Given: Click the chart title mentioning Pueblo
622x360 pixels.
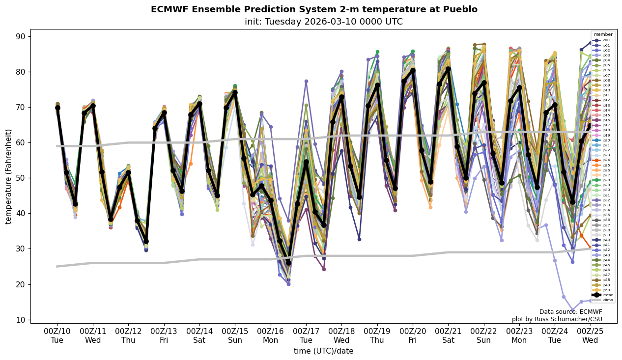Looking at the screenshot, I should tap(314, 9).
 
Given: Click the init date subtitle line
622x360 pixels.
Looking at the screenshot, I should tap(323, 22).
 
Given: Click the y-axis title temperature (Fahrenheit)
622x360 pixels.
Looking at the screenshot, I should tap(8, 176).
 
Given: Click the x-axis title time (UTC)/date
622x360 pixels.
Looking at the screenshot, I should tap(323, 351).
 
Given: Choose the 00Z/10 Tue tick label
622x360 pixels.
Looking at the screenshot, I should tap(57, 336).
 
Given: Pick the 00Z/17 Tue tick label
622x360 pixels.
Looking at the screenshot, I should tap(306, 336).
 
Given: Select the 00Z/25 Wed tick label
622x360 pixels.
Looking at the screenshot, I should tap(590, 336).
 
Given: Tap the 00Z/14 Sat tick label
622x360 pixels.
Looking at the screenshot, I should tap(199, 336).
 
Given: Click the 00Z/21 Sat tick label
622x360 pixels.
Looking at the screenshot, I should tap(448, 336).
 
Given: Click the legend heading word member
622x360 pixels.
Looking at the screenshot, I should tap(603, 34).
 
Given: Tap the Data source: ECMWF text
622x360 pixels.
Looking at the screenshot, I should tap(570, 312).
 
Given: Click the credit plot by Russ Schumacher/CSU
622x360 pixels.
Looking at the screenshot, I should tap(557, 319).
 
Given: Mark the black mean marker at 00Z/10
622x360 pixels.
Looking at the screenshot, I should tap(57, 108).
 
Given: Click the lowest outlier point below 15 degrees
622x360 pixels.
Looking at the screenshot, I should tap(572, 310).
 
